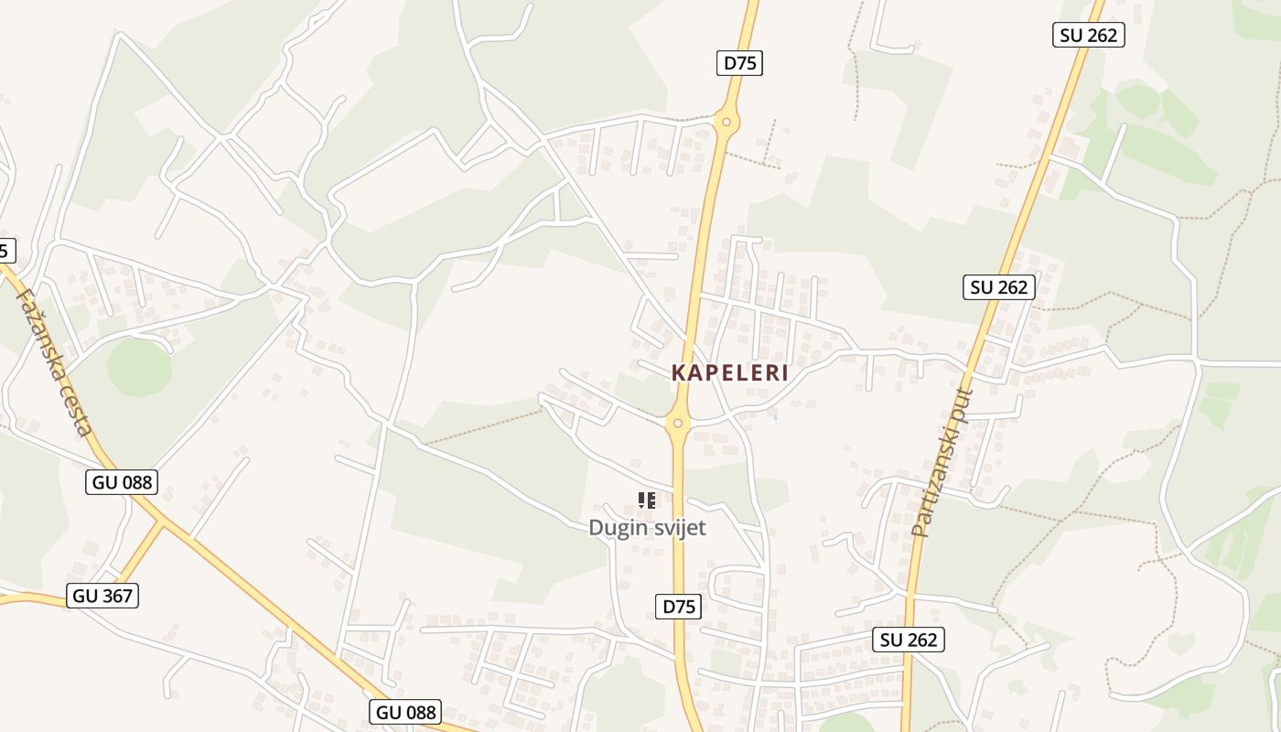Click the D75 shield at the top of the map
click(738, 63)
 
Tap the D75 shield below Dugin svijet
click(679, 607)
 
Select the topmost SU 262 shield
click(1089, 36)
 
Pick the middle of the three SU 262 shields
click(999, 287)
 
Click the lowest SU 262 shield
click(909, 640)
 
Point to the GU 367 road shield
click(102, 597)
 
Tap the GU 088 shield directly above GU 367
click(122, 482)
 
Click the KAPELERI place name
click(729, 373)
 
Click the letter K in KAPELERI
click(678, 373)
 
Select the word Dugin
click(617, 528)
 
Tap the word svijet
click(678, 528)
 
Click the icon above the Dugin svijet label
click(647, 501)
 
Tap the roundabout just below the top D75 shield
click(726, 121)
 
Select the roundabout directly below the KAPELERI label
click(677, 423)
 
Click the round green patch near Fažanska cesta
click(139, 367)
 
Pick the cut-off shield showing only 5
click(5, 250)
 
